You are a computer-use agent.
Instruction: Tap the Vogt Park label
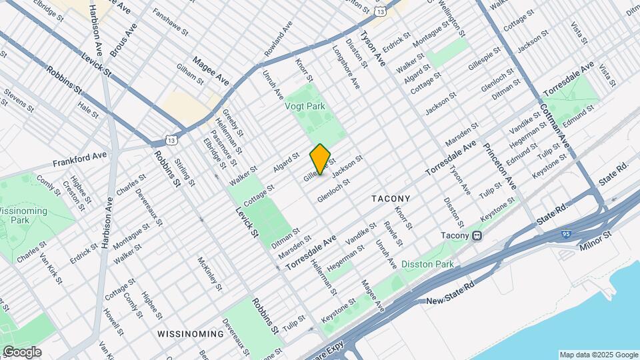coord(308,105)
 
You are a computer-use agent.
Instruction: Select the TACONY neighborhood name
coord(391,199)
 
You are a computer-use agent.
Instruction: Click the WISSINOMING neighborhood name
coord(191,333)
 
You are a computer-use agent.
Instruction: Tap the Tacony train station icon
coord(477,235)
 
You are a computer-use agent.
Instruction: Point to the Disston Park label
coord(427,265)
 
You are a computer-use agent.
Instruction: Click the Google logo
coord(22,352)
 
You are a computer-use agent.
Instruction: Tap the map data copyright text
coord(598,355)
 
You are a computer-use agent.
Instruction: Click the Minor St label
coord(597,237)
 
